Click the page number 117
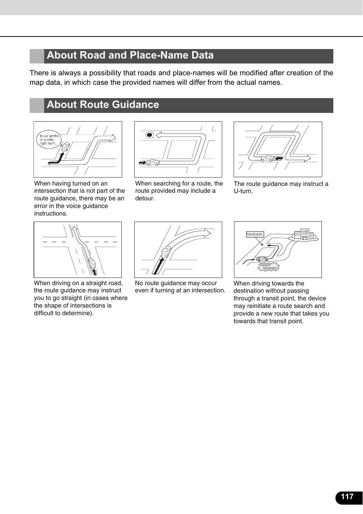coord(347,497)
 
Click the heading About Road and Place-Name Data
coord(130,56)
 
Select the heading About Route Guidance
coord(103,105)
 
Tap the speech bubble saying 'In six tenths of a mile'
coord(49,140)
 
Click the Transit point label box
coord(255,234)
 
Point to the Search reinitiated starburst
coord(269,267)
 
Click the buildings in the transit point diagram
coord(305,234)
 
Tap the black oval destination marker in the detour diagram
coord(150,135)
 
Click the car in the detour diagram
coord(153,162)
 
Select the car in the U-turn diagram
coord(269,158)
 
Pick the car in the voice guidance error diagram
coord(66,146)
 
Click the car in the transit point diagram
coord(262,259)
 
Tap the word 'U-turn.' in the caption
coord(243,191)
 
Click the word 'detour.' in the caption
coord(145,198)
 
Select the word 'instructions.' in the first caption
coord(51,214)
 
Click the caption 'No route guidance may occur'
coord(176,283)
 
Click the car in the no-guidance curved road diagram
coord(166,252)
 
